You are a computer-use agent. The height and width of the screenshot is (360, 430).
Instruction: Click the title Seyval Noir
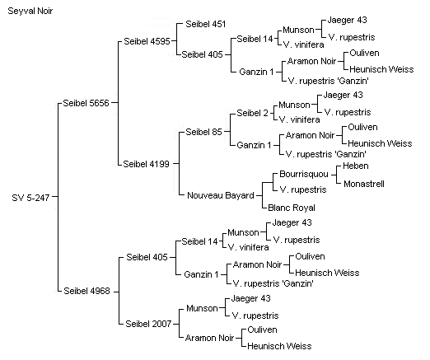(x=30, y=12)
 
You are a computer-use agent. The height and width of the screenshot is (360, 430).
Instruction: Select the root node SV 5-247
(x=30, y=198)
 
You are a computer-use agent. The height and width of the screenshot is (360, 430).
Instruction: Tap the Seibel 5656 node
(x=86, y=103)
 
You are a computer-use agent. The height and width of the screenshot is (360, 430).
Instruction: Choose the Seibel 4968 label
(x=86, y=291)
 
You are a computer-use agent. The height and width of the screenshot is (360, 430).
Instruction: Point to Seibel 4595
(x=147, y=41)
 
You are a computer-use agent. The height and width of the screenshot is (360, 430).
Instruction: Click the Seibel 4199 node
(x=146, y=164)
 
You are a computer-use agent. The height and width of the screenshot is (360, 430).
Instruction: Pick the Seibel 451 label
(x=206, y=24)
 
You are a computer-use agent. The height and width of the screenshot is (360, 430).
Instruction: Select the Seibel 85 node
(x=203, y=132)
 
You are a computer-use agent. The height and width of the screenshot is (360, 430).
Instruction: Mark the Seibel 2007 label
(x=148, y=324)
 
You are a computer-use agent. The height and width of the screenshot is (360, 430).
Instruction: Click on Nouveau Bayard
(x=221, y=195)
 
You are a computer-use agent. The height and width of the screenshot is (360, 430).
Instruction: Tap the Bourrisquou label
(x=304, y=175)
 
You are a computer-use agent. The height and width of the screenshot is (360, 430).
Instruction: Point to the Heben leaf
(x=356, y=166)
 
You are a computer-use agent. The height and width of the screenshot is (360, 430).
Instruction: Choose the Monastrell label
(x=364, y=184)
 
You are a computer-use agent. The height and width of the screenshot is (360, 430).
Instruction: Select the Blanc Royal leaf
(x=292, y=208)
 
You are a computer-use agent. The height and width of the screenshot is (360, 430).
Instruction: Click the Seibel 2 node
(x=252, y=113)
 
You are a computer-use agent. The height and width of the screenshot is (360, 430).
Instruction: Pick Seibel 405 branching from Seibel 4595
(x=202, y=54)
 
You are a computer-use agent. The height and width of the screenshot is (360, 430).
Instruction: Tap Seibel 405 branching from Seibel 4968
(x=147, y=257)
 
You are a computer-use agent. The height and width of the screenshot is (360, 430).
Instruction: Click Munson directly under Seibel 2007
(x=202, y=308)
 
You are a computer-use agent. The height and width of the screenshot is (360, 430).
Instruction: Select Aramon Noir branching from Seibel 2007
(x=210, y=338)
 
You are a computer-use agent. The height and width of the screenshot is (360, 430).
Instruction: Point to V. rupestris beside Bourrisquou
(x=303, y=189)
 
